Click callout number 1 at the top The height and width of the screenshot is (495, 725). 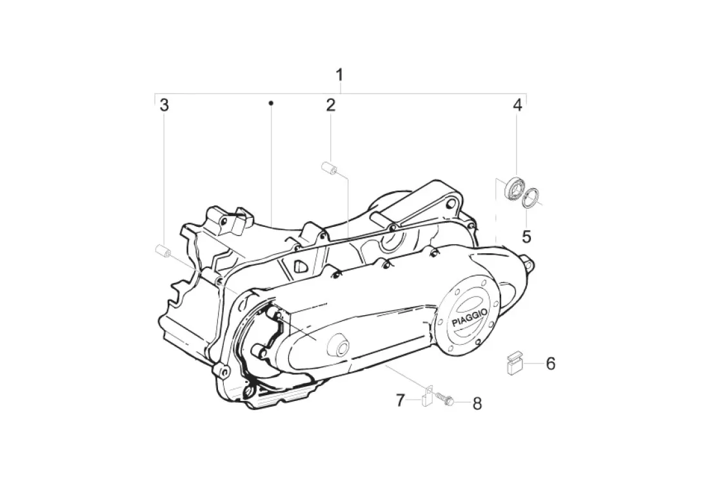pyautogui.click(x=339, y=75)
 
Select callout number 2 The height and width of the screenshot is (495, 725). pyautogui.click(x=330, y=105)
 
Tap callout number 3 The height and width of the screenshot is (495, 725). pyautogui.click(x=164, y=105)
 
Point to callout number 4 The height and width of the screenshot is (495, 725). pyautogui.click(x=517, y=105)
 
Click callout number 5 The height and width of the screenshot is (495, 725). pyautogui.click(x=526, y=237)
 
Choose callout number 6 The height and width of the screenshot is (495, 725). pyautogui.click(x=550, y=364)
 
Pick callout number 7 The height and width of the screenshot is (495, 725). pyautogui.click(x=401, y=400)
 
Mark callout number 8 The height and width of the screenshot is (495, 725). pyautogui.click(x=477, y=403)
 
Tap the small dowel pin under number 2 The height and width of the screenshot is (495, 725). pyautogui.click(x=330, y=168)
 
